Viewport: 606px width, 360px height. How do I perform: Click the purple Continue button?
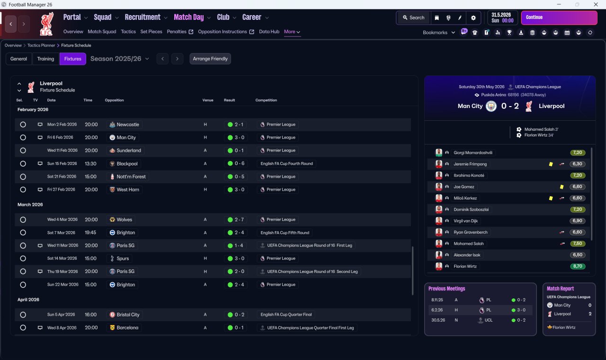point(559,18)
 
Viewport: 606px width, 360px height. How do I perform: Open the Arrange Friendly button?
point(210,59)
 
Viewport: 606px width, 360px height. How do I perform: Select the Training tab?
point(45,59)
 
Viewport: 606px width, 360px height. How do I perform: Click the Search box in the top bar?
point(414,18)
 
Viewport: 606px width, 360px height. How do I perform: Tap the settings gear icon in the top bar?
point(473,18)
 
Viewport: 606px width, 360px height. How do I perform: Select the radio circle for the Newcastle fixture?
point(23,125)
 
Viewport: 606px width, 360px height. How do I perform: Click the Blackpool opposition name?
point(127,163)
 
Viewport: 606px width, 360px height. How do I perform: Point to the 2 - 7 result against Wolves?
point(239,219)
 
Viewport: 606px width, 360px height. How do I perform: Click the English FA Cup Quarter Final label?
point(286,315)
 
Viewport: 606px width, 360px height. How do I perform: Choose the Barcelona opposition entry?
point(127,327)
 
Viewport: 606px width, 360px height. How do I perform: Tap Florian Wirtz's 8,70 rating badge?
point(578,266)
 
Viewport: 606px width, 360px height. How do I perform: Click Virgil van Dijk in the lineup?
point(465,221)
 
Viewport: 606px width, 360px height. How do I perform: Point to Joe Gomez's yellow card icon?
point(561,187)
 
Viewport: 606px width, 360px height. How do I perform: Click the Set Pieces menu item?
point(151,32)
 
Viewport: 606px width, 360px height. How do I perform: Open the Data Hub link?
point(269,32)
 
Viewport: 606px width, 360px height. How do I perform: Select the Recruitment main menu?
point(143,18)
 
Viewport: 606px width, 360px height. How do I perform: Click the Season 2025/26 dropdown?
point(120,59)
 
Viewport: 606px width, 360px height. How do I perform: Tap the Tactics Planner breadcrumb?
point(41,45)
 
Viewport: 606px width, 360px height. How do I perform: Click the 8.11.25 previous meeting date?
point(437,300)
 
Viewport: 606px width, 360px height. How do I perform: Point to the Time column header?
point(88,100)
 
